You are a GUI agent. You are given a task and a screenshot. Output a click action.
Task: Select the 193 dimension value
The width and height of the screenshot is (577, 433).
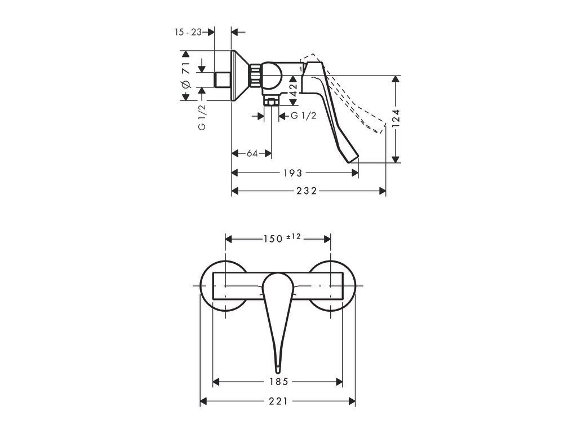point(293,173)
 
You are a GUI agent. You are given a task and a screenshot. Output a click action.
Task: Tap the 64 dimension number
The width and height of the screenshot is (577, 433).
point(252,153)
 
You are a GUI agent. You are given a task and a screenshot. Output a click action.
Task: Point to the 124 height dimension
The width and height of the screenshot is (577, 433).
point(396,120)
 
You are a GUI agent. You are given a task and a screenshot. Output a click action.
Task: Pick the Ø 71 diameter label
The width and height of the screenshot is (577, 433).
point(185,76)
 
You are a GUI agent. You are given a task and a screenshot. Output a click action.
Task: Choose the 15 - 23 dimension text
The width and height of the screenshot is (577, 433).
point(188,33)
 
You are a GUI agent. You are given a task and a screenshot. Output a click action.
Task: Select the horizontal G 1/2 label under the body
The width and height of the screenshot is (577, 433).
point(303,116)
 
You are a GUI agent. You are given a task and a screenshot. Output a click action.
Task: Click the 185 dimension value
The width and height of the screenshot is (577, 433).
point(278,382)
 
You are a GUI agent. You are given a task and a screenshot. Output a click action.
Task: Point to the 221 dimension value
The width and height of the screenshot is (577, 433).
point(278,401)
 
